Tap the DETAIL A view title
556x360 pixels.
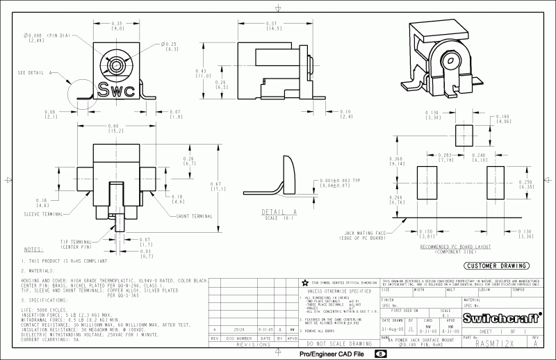click(x=279, y=212)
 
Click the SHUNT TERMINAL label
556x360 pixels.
click(x=195, y=216)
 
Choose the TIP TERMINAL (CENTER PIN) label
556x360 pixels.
click(x=76, y=243)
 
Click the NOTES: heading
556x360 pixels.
click(x=33, y=249)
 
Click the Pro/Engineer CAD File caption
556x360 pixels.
click(x=332, y=354)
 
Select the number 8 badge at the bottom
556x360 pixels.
click(x=381, y=354)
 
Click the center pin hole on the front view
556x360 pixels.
click(x=113, y=65)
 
